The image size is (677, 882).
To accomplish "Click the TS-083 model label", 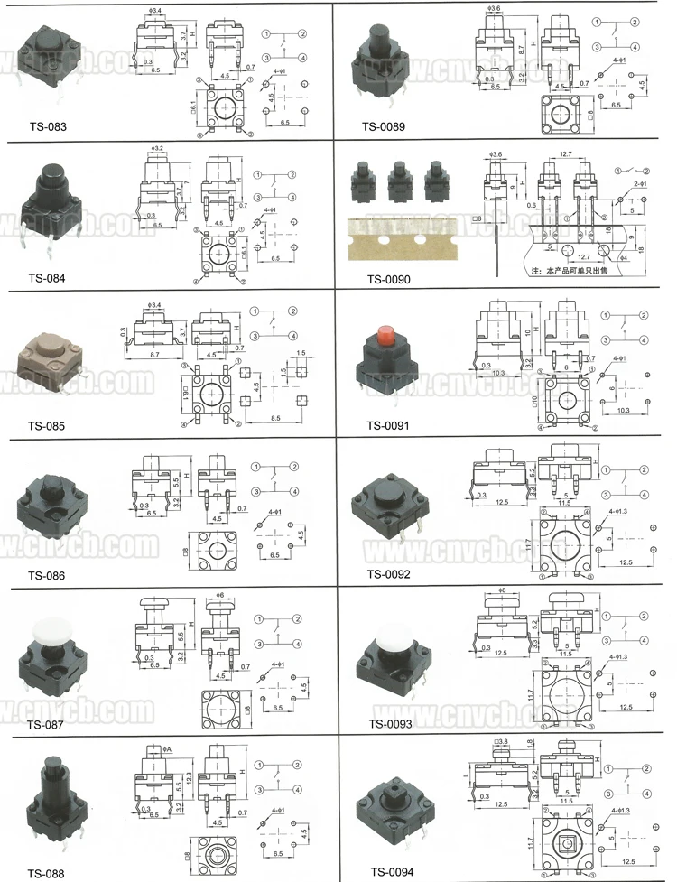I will click(47, 127).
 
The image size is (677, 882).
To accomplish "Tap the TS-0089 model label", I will click(387, 127).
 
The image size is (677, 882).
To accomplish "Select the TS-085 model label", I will click(47, 426).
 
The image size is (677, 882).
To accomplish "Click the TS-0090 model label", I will click(388, 279).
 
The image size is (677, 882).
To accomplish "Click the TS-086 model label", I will click(47, 576).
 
